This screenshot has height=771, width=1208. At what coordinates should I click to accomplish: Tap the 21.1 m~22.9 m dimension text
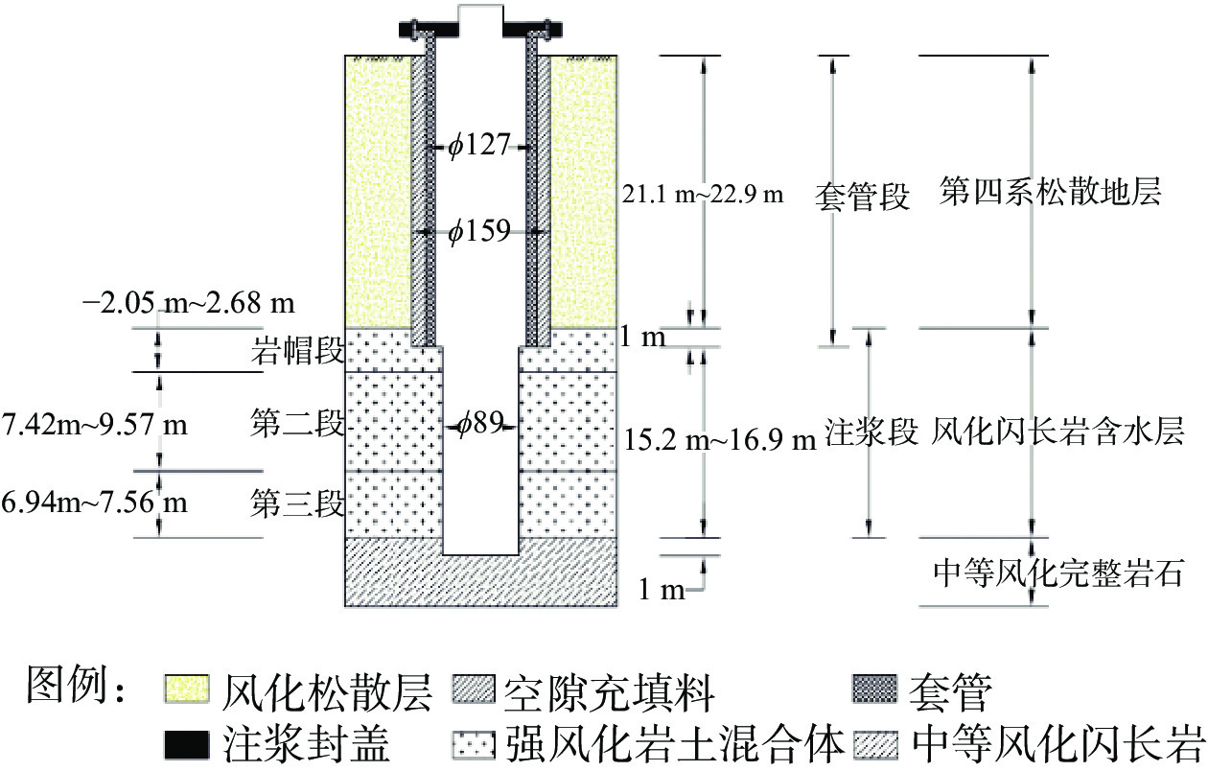[x=703, y=195]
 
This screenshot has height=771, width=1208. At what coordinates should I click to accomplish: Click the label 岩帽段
[x=297, y=352]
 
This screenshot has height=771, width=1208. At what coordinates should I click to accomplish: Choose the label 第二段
[x=297, y=423]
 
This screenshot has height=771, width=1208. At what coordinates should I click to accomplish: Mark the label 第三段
[x=297, y=502]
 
